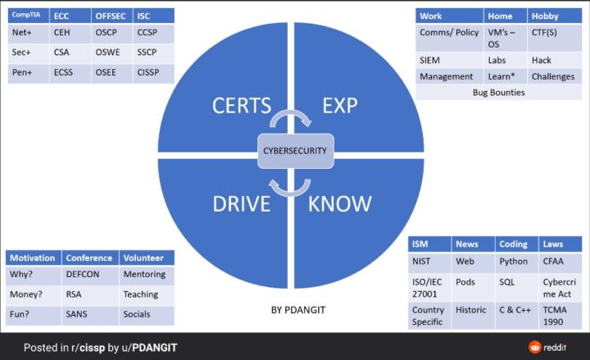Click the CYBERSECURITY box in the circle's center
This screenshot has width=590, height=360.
coord(294,151)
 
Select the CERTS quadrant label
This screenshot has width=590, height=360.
coord(241,106)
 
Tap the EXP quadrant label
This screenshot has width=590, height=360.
coord(340,106)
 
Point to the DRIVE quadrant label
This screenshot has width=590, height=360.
coord(242,203)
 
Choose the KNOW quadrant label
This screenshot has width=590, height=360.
coord(340,203)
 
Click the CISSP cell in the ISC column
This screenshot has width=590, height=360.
coord(149,71)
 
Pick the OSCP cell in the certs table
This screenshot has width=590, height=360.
coord(107,32)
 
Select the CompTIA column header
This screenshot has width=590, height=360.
coord(27,15)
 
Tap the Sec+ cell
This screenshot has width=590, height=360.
coord(22,52)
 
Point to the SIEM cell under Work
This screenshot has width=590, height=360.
coord(430,60)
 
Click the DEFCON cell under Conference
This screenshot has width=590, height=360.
coord(81,274)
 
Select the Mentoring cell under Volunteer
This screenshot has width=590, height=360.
coord(143,274)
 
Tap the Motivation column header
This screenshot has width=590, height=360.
coord(32,257)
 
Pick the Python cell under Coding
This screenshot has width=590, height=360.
coord(513,262)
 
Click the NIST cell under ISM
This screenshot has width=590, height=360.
coord(423,262)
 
